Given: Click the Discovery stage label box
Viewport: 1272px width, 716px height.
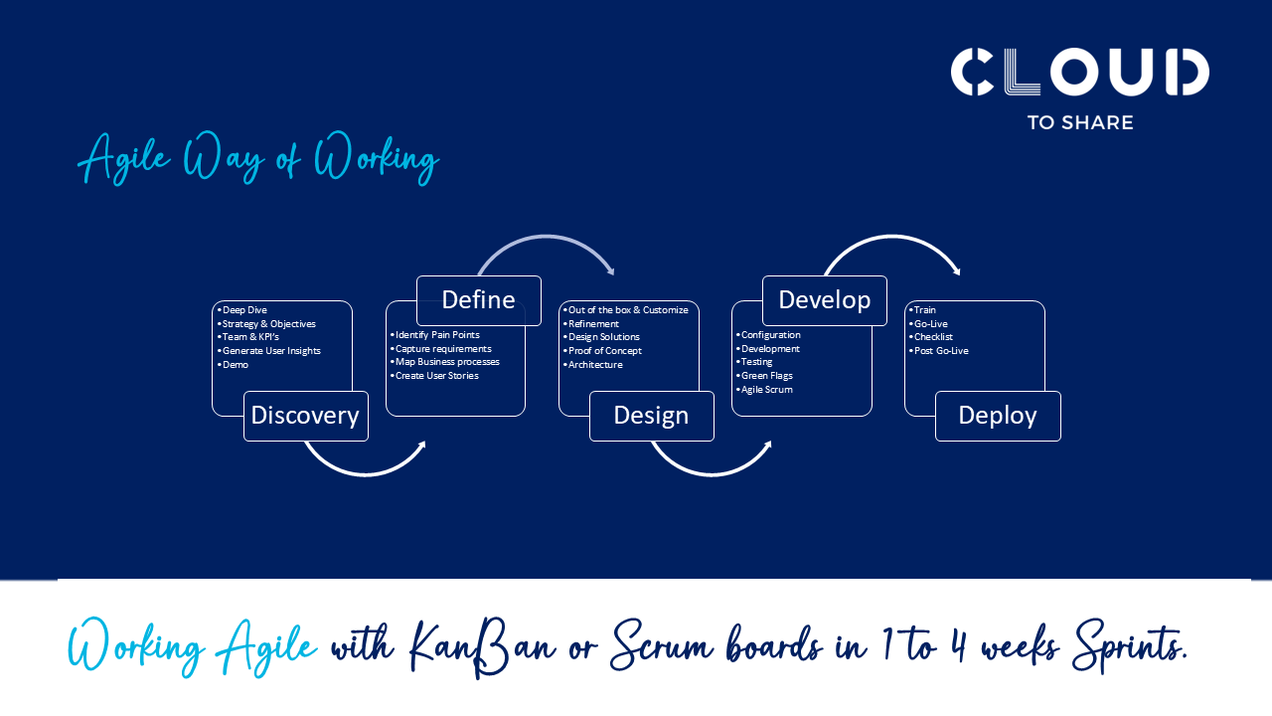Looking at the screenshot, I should (306, 416).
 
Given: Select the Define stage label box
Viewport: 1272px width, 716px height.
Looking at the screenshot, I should (479, 300).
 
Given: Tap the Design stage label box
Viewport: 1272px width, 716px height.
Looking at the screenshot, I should (652, 416).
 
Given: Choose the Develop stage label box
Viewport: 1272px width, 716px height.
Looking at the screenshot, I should (825, 300).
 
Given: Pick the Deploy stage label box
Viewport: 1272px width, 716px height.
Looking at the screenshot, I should (998, 416).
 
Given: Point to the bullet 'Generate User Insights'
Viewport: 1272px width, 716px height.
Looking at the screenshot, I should (270, 351).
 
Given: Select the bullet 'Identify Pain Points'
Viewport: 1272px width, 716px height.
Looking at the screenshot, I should (436, 335).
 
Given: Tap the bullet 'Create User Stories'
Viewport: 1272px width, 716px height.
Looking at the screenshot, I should (436, 376).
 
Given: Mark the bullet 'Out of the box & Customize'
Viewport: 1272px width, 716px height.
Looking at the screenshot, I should (627, 310).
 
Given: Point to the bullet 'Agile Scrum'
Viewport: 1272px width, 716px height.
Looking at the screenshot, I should (766, 390).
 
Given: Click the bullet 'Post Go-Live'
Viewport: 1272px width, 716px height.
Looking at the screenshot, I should (940, 351).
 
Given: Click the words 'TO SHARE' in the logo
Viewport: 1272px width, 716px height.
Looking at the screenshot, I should (1080, 122).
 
